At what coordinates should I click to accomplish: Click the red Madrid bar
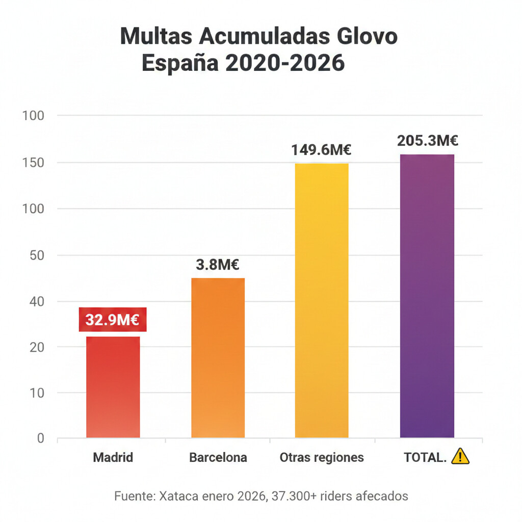[113, 387]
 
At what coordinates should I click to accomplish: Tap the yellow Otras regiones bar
[322, 301]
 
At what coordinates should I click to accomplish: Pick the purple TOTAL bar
[427, 296]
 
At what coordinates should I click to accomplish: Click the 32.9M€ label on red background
[113, 320]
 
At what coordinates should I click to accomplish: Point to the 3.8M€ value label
[218, 265]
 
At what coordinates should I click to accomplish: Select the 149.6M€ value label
[322, 150]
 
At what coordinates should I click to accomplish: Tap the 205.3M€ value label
[428, 141]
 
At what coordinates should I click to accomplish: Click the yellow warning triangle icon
[460, 456]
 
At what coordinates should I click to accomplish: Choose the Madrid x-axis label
[113, 457]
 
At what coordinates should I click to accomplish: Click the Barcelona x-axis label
[218, 457]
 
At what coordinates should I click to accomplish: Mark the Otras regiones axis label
[322, 457]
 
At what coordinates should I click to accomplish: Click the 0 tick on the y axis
[40, 438]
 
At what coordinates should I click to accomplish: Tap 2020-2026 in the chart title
[285, 64]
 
